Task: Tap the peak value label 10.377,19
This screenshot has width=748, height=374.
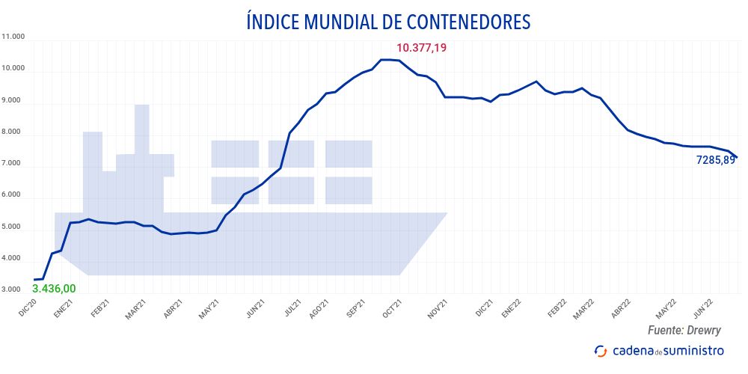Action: pos(421,48)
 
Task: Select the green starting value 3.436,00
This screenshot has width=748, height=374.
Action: pos(54,288)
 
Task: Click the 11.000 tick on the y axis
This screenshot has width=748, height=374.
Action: pos(13,37)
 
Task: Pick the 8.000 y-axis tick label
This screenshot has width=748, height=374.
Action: pos(13,132)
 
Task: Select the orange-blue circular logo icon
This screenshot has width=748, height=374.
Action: pos(600,351)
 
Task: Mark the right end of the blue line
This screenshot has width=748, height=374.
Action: pos(737,157)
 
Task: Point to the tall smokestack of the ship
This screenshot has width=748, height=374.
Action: pos(141,127)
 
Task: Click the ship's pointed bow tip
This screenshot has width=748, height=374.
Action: pos(446,214)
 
